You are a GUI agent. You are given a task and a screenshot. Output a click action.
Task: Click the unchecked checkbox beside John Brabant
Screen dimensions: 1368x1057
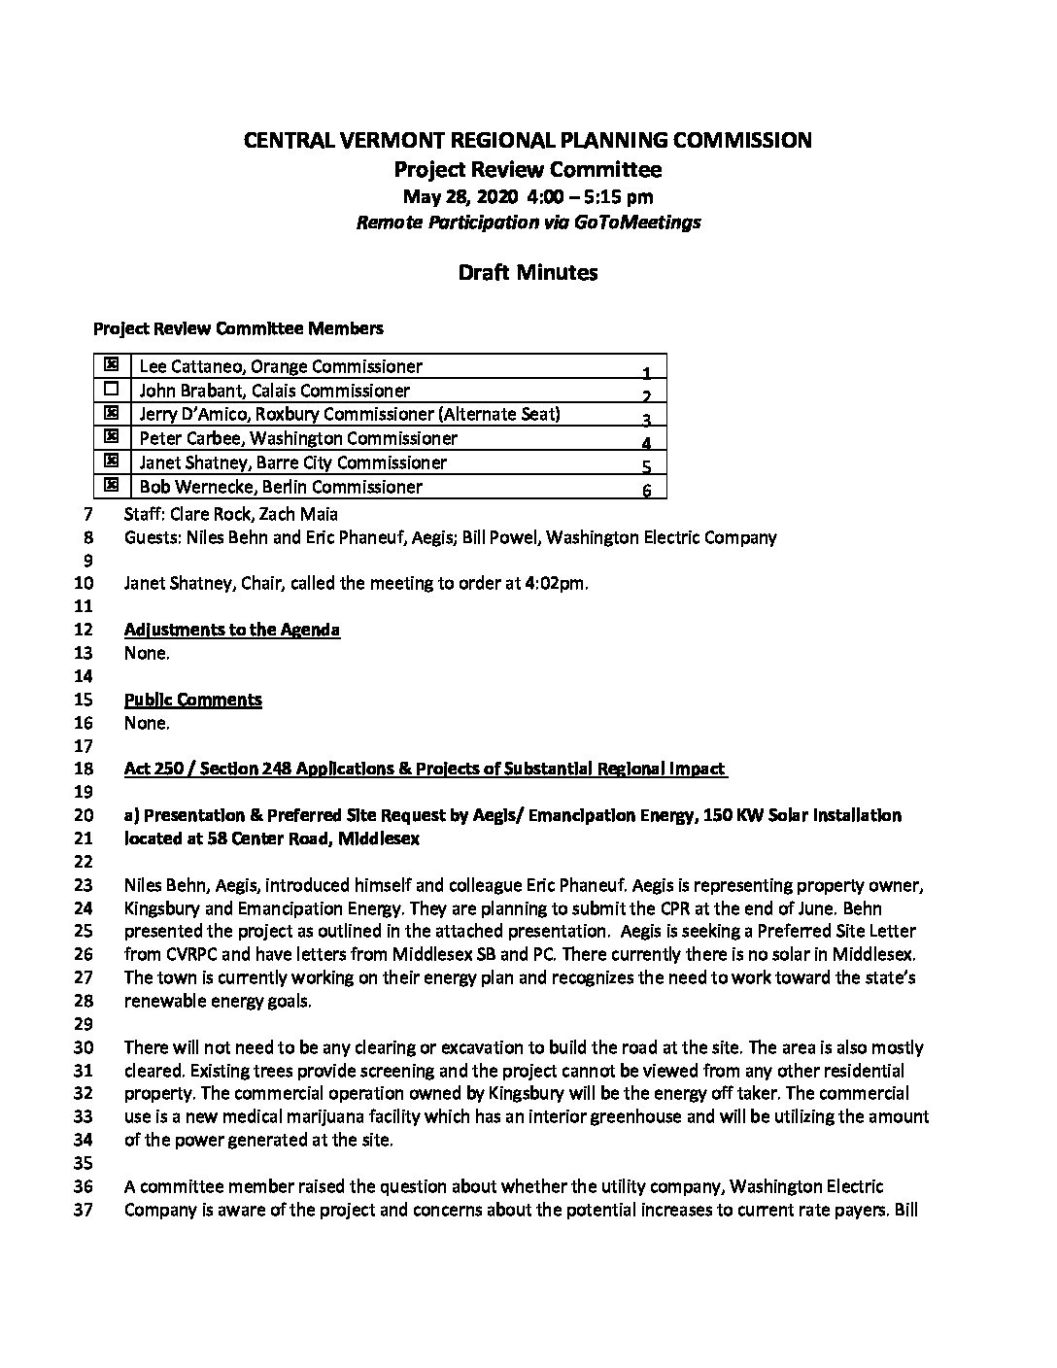point(111,389)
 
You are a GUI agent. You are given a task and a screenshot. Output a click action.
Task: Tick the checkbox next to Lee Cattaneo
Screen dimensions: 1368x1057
point(111,364)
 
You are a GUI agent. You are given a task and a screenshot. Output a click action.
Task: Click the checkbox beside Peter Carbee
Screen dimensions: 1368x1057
point(111,436)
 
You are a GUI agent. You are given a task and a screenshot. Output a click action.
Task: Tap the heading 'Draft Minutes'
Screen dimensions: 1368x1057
point(528,272)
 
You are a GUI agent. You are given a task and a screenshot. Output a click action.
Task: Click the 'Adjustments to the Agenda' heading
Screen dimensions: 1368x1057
point(232,630)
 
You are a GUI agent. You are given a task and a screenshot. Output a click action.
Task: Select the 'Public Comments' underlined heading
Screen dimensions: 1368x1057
point(193,700)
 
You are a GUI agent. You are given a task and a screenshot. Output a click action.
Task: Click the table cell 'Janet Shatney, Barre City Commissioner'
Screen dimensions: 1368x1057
point(293,462)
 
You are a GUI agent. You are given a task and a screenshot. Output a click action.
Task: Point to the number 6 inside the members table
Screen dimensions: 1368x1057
point(646,491)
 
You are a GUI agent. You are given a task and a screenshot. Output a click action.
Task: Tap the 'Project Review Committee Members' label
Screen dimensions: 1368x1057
point(238,328)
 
